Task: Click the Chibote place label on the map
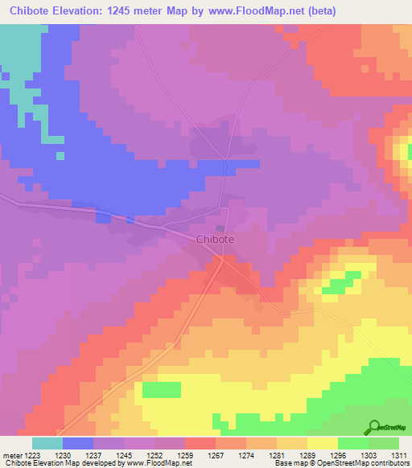tap(216, 239)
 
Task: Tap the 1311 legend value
tap(398, 454)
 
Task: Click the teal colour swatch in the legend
tap(47, 443)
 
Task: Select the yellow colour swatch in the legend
tap(322, 443)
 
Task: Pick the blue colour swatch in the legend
tap(78, 443)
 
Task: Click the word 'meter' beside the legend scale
tap(11, 454)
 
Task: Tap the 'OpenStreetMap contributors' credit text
tap(370, 464)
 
